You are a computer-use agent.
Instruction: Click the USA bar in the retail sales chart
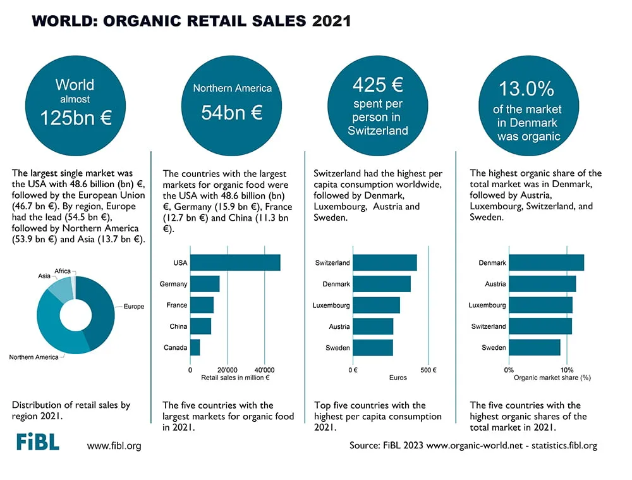coord(235,262)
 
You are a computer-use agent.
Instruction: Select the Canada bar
coord(195,347)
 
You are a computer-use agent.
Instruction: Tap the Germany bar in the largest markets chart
coord(205,283)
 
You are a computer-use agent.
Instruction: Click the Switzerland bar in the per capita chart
coord(385,262)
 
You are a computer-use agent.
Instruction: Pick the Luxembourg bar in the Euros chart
coord(377,305)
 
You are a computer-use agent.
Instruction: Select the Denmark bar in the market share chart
coord(547,262)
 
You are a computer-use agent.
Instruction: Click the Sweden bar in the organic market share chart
coord(535,347)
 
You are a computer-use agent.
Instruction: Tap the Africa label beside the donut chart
coord(63,271)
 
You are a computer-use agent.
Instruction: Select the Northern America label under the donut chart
coord(34,357)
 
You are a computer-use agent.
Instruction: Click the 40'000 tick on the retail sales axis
coord(264,370)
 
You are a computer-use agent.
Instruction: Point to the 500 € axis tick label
coord(428,370)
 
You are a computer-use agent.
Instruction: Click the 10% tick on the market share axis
coord(567,370)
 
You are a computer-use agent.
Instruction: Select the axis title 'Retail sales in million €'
coord(235,378)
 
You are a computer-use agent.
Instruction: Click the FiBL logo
coord(38,441)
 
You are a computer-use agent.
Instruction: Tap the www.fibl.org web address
coord(114,446)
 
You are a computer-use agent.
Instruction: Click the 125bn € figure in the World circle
coord(76,118)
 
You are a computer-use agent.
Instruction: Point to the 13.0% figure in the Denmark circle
coord(526,89)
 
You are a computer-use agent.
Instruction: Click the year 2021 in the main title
coord(331,21)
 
